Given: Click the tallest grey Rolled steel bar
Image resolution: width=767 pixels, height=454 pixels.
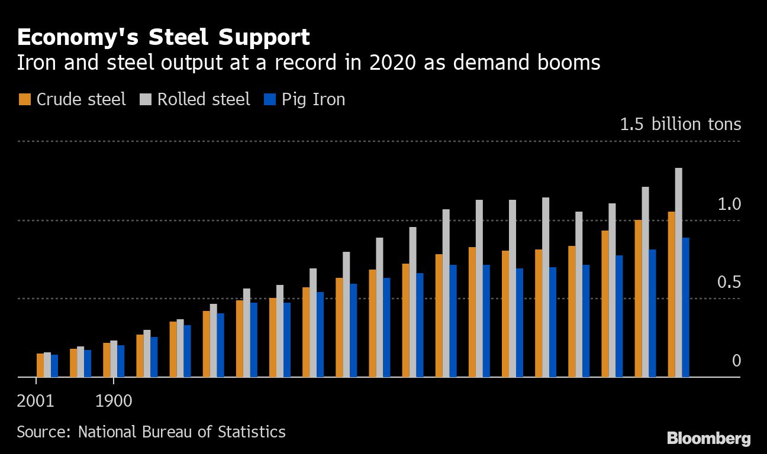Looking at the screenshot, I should pos(679,272).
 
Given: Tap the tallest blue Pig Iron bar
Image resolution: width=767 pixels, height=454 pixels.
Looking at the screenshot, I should pos(686,307).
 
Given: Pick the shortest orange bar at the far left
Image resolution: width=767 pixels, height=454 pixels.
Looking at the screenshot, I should pos(40,365).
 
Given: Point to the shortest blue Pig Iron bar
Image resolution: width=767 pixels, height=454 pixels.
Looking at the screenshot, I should pos(54,365).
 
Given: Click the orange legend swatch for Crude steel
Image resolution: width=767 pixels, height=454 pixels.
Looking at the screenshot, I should pos(24,99).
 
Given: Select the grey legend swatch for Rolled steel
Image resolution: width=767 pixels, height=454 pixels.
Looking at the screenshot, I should pos(145,99).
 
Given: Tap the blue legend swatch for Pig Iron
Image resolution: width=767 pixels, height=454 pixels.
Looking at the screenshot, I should pos(269,99).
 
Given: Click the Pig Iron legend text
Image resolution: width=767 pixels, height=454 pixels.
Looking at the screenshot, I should pos(313,99).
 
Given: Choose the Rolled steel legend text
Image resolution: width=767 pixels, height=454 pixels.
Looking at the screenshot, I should pos(204,99).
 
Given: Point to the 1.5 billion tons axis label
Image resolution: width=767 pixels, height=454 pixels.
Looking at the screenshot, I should pos(680,125).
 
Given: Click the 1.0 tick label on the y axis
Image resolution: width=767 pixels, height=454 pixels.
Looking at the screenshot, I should pos(729,205).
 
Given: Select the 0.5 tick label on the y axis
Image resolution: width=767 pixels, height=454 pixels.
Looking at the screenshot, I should pos(729,283).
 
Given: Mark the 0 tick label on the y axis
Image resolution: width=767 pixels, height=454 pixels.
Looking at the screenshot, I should pos(736,361).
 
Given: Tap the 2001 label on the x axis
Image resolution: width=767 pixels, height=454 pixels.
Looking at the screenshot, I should pos(36,401).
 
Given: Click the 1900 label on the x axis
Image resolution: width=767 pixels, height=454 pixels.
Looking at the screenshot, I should pos(114,401).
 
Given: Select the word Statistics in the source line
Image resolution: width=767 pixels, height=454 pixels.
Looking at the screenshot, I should pos(251,432).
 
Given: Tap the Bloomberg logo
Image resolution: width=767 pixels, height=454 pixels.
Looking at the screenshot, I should pos(709,439).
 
